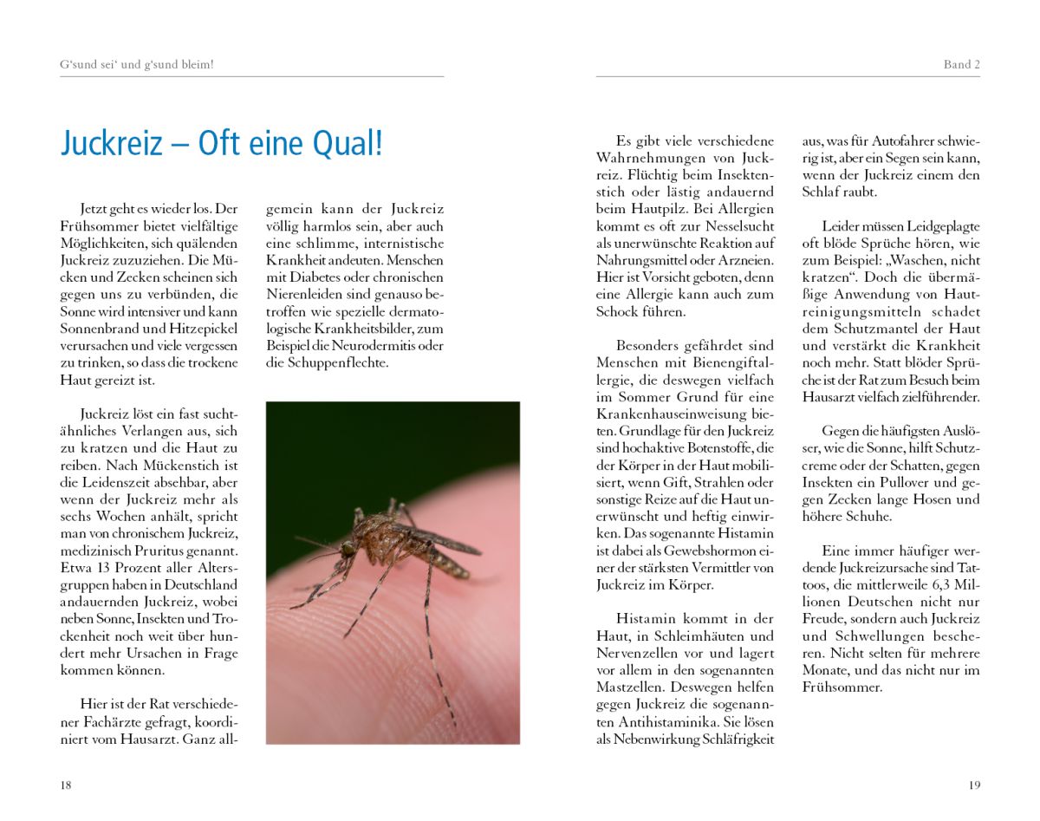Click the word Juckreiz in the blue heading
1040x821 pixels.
111,143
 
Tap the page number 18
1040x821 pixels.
66,785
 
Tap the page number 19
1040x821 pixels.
974,785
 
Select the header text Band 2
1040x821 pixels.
961,65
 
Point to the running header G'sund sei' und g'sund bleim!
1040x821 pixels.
137,65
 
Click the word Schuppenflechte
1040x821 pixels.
339,362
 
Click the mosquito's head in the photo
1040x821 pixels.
348,548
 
